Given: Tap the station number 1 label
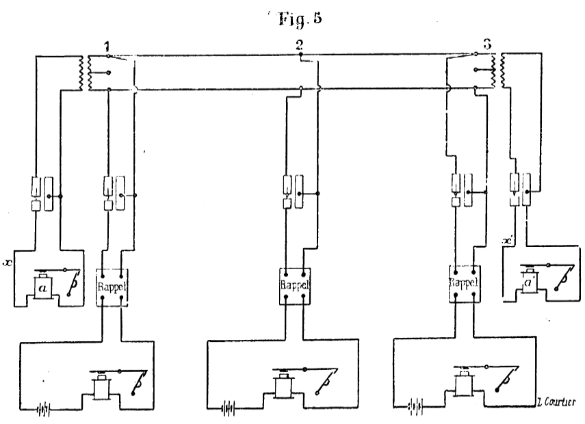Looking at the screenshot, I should coord(107,47).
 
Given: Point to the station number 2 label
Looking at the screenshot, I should coord(298,47).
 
